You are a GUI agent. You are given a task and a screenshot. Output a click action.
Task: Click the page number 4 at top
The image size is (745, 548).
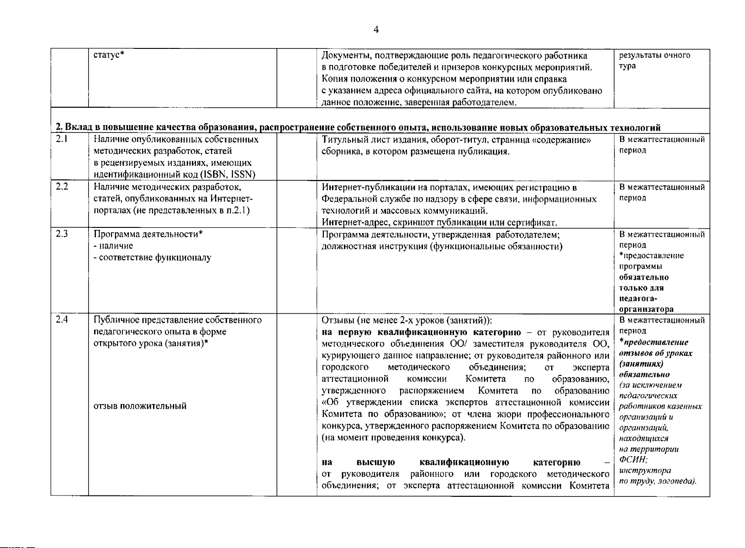[x=376, y=30]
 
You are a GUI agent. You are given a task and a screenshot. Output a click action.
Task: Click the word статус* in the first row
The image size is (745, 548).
[x=109, y=55]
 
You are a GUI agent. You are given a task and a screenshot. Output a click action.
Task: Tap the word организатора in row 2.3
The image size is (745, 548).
[x=646, y=309]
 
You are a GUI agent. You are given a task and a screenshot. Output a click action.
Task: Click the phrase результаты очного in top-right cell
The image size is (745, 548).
[x=654, y=55]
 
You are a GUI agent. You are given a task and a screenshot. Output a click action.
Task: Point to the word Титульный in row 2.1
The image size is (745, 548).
[x=340, y=140]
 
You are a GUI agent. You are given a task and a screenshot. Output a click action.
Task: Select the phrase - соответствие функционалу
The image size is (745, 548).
[x=152, y=258]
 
